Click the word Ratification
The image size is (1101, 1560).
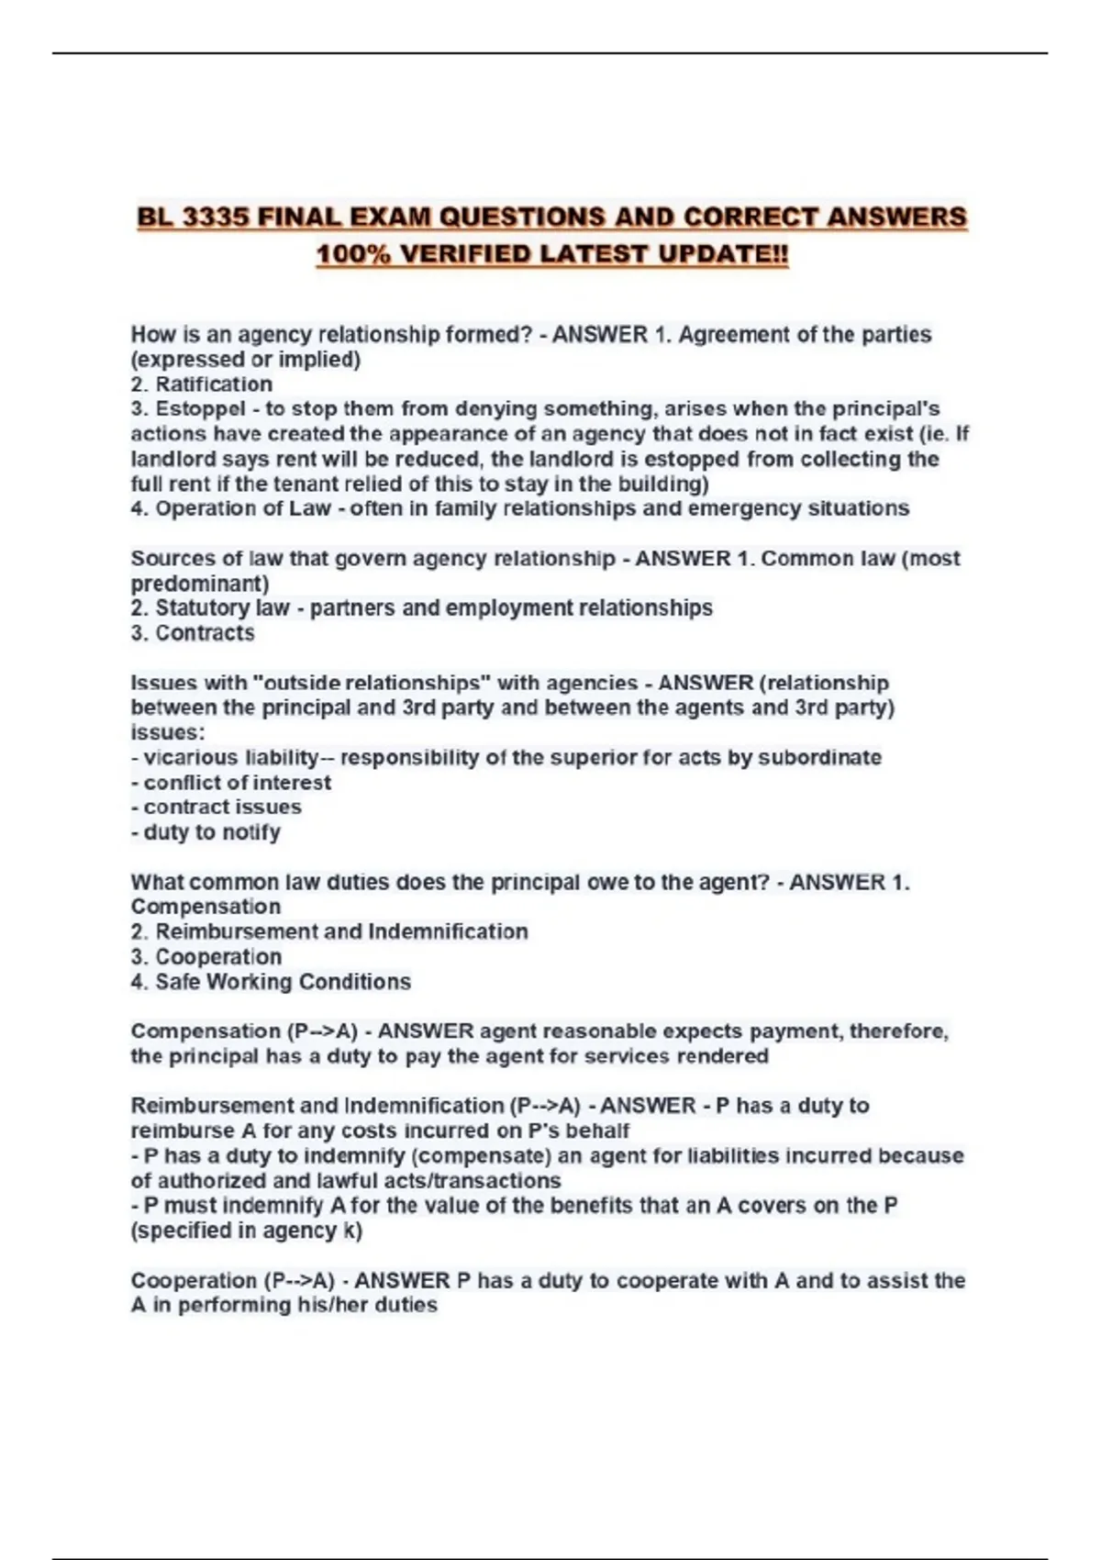214,384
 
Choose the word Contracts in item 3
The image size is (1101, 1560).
205,633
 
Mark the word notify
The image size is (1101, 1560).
250,832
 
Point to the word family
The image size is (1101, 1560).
443,508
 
